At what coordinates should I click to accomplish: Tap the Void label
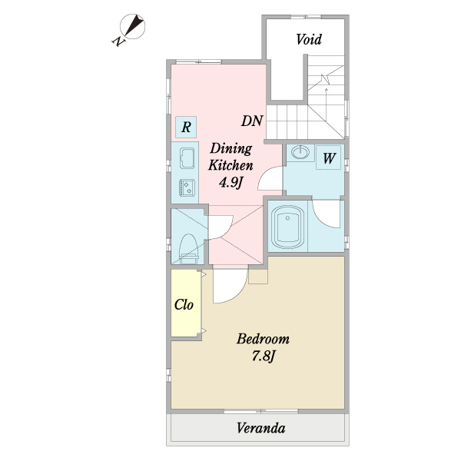point(309,39)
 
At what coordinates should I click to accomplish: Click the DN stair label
point(252,121)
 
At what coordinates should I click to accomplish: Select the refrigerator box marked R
point(186,128)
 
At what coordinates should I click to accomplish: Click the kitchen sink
point(187,158)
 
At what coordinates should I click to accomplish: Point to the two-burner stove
point(187,188)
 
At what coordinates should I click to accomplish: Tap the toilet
point(188,249)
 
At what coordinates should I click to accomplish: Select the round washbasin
point(300,152)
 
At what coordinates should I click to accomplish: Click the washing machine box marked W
point(328,158)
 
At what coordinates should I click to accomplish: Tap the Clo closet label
point(184,304)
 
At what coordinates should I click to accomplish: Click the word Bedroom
point(263,339)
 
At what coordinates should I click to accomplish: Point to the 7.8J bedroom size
point(264,356)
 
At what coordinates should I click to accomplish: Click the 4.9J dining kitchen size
point(230,183)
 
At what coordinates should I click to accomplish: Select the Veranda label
point(260,428)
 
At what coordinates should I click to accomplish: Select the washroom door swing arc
point(264,174)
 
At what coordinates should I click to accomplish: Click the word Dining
point(231,149)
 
